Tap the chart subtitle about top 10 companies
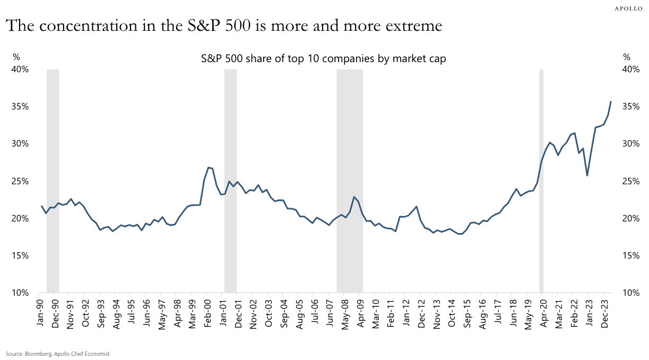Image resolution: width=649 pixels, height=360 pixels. point(323,59)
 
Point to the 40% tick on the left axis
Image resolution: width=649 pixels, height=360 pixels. point(20,70)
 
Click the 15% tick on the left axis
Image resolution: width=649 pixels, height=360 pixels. point(20,256)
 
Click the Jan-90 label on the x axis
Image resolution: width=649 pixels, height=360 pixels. point(40,312)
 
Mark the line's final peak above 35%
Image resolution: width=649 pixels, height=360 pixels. point(611,101)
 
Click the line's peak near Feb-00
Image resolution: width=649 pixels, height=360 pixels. point(208,167)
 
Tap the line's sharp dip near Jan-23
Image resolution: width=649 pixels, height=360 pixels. point(587,175)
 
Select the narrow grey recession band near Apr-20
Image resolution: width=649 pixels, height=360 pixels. point(541,181)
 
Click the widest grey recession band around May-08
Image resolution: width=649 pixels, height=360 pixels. point(350,181)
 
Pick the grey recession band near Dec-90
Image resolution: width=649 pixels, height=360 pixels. point(53,181)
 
